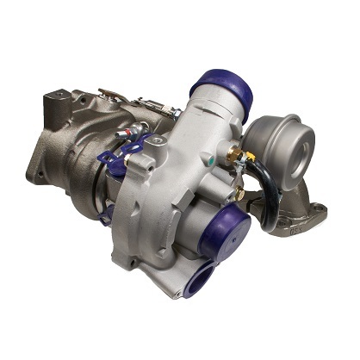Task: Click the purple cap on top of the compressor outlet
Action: pos(221,87)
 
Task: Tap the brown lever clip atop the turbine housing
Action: pos(112,94)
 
